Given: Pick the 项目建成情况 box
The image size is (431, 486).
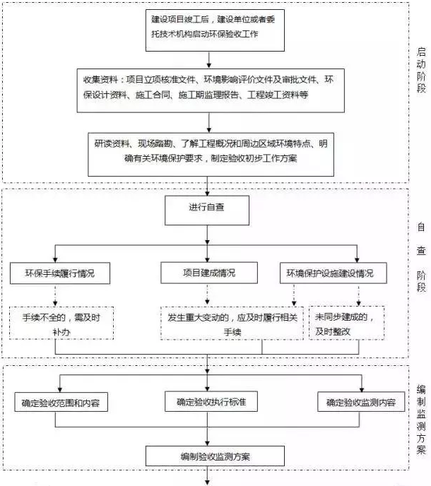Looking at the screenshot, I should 207,273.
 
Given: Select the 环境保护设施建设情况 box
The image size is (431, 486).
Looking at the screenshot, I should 330,273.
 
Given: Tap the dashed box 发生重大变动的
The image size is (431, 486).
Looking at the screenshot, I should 232,324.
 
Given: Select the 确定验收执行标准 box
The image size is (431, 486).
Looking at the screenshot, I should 207,403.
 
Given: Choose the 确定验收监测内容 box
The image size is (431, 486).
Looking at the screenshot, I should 362,403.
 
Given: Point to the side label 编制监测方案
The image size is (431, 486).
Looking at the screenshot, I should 421,410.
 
